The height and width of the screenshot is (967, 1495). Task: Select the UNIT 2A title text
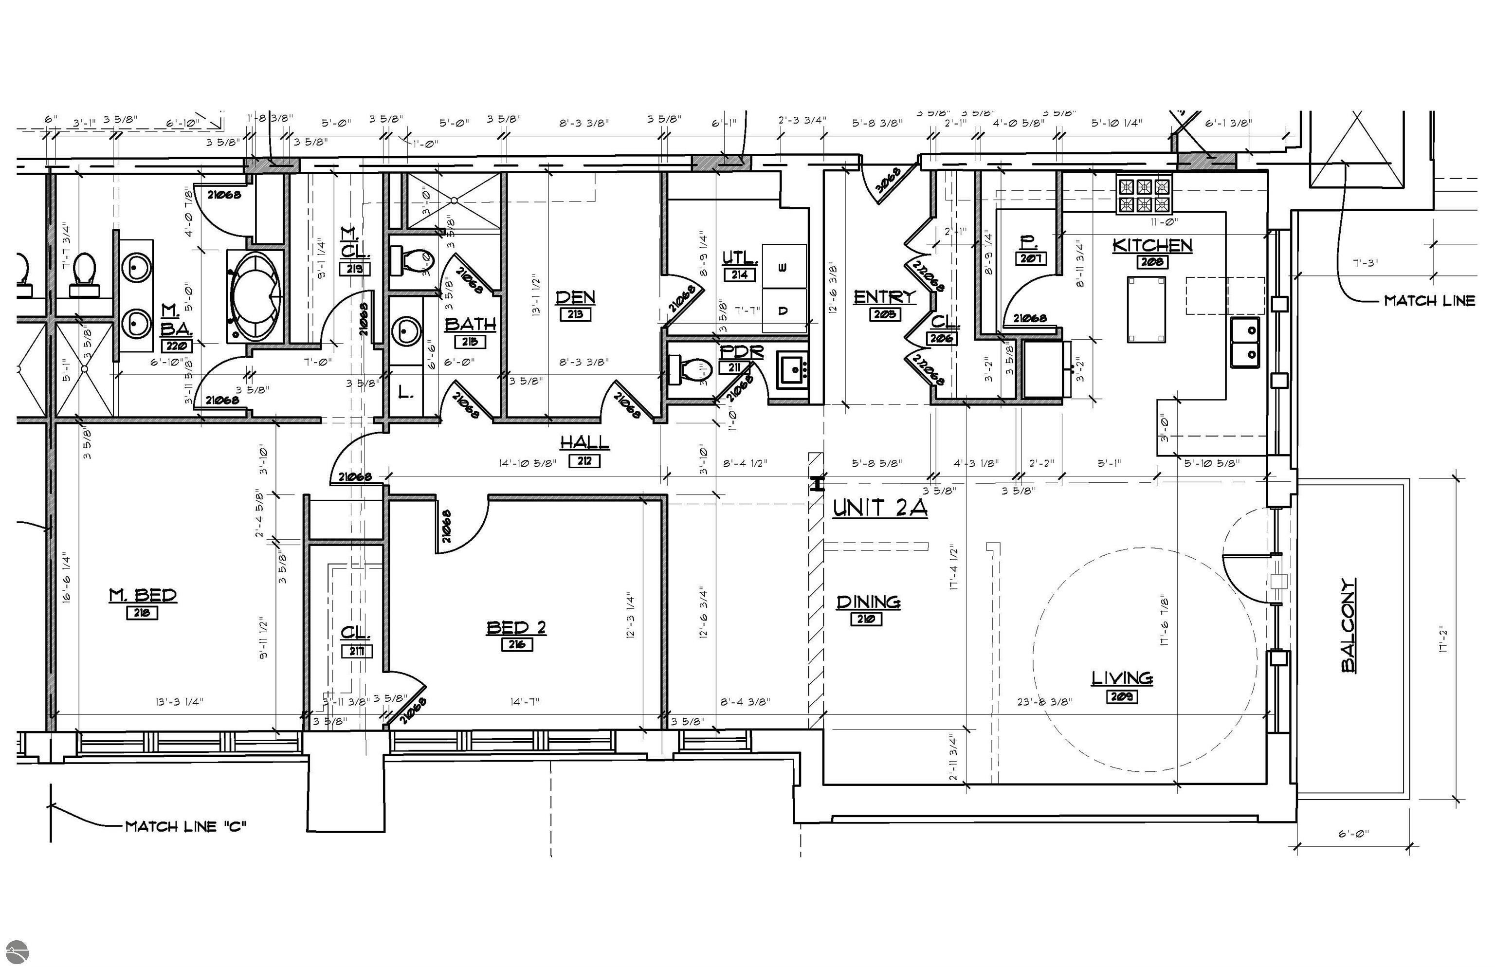pos(880,508)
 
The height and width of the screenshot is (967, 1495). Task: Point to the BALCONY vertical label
pos(1348,625)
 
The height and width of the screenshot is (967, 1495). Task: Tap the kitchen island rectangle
pos(1147,310)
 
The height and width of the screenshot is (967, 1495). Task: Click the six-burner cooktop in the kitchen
pos(1144,195)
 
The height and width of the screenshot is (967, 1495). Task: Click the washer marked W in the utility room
pos(784,266)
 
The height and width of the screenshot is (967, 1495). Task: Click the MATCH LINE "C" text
pos(186,826)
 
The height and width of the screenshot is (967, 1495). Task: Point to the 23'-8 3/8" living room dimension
pos(1044,701)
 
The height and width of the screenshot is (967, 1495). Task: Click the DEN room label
pos(575,296)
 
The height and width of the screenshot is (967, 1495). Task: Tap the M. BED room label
pos(143,595)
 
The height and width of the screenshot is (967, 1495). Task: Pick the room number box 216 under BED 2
pos(517,644)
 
